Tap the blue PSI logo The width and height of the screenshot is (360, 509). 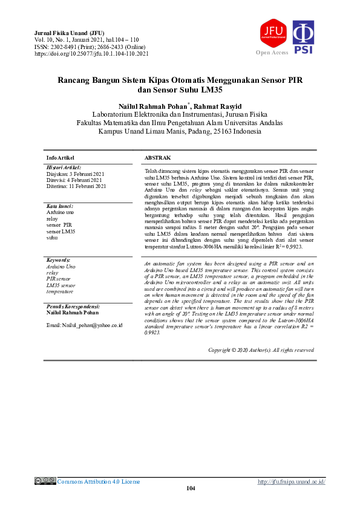coord(303,37)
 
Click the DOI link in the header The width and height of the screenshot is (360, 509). coord(91,54)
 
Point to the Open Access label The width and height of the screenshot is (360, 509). coord(272,53)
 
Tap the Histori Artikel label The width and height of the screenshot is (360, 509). coord(64,167)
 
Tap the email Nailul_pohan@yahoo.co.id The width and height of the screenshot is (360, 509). coord(84,325)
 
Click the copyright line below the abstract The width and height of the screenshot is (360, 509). coord(261,350)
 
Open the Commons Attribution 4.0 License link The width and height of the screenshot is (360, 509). coord(99,481)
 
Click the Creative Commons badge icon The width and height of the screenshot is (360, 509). coord(45,481)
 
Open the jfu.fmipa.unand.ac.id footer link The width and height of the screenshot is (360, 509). coord(292,481)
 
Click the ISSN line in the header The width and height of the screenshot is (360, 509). coord(90,47)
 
